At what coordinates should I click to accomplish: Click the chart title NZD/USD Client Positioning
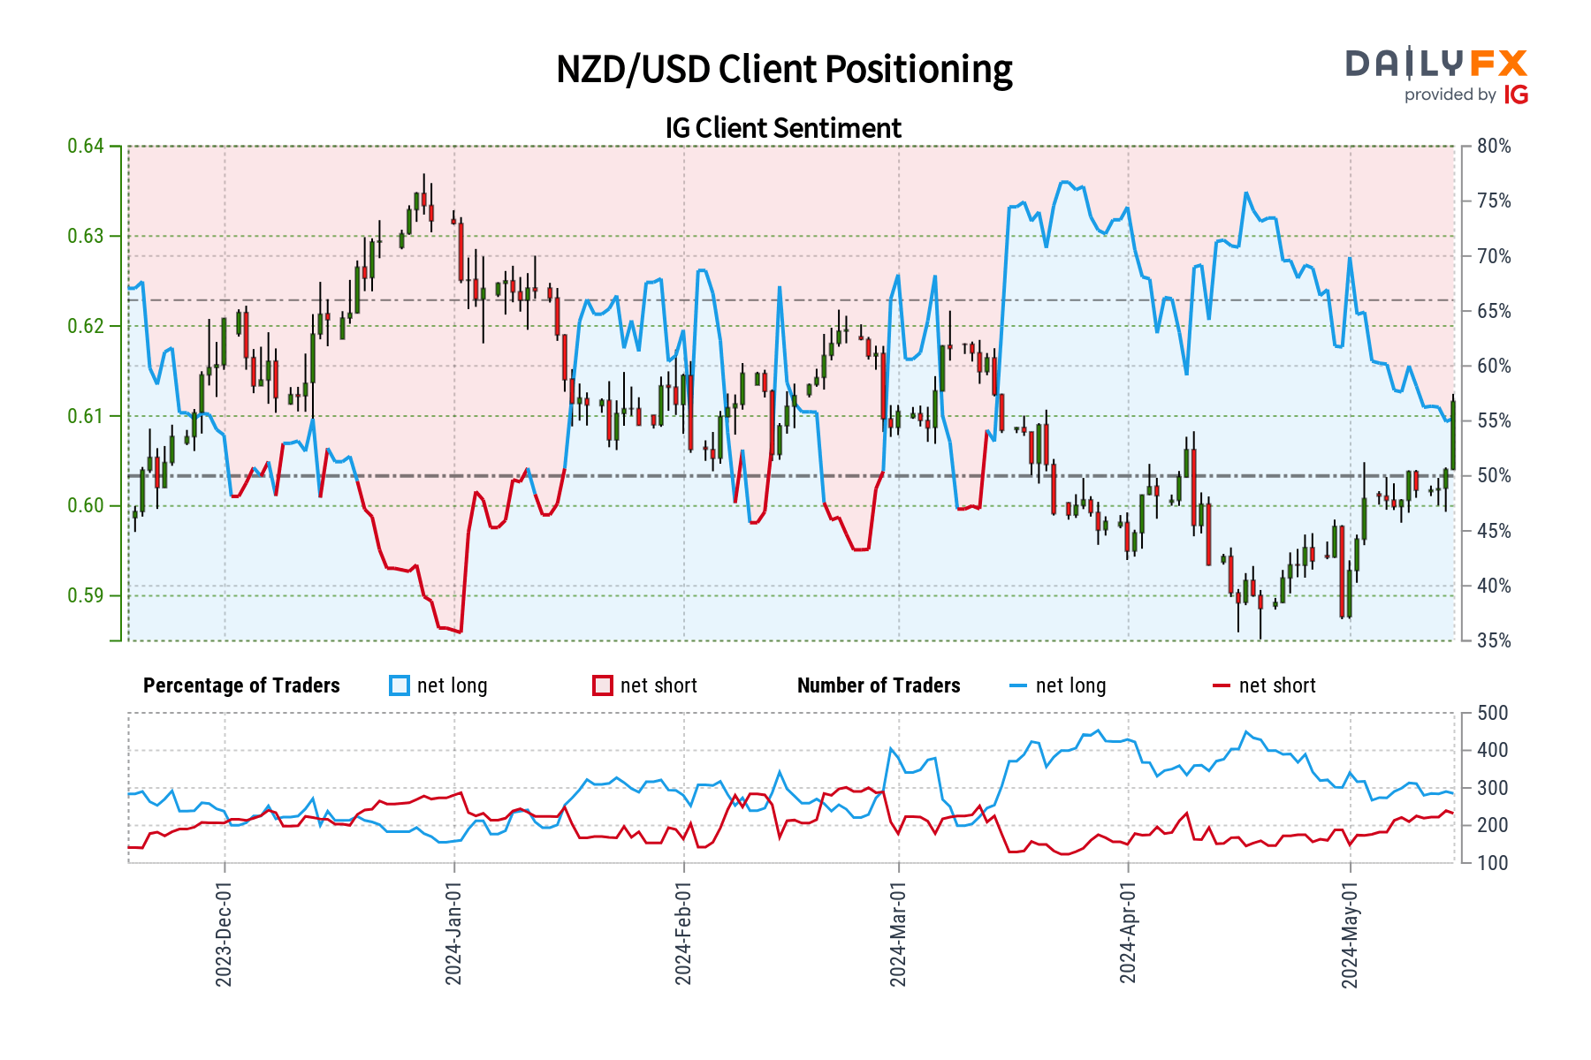(x=784, y=70)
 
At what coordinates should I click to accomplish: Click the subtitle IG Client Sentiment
(x=783, y=128)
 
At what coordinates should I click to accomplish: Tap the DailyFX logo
(x=1436, y=76)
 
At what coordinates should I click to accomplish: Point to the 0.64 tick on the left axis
(x=86, y=146)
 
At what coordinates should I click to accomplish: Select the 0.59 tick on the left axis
(x=86, y=595)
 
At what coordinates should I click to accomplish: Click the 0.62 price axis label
(x=86, y=326)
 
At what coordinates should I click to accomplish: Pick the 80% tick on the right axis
(x=1494, y=147)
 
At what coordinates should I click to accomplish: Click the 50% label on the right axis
(x=1494, y=476)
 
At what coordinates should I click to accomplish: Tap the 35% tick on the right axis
(x=1494, y=640)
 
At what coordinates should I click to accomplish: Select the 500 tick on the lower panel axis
(x=1492, y=713)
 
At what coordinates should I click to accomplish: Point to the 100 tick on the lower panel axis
(x=1492, y=863)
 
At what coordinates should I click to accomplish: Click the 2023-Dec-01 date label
(x=224, y=934)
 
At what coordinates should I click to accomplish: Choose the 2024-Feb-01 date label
(x=683, y=934)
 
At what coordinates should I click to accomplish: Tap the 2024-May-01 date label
(x=1350, y=934)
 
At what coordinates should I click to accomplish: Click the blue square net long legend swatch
(x=400, y=685)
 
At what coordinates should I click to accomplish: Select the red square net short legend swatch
(x=603, y=685)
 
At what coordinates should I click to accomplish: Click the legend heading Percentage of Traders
(x=241, y=685)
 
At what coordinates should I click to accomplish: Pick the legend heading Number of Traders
(x=879, y=685)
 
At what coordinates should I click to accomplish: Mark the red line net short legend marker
(x=1222, y=685)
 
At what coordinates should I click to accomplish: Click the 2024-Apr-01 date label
(x=1128, y=934)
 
